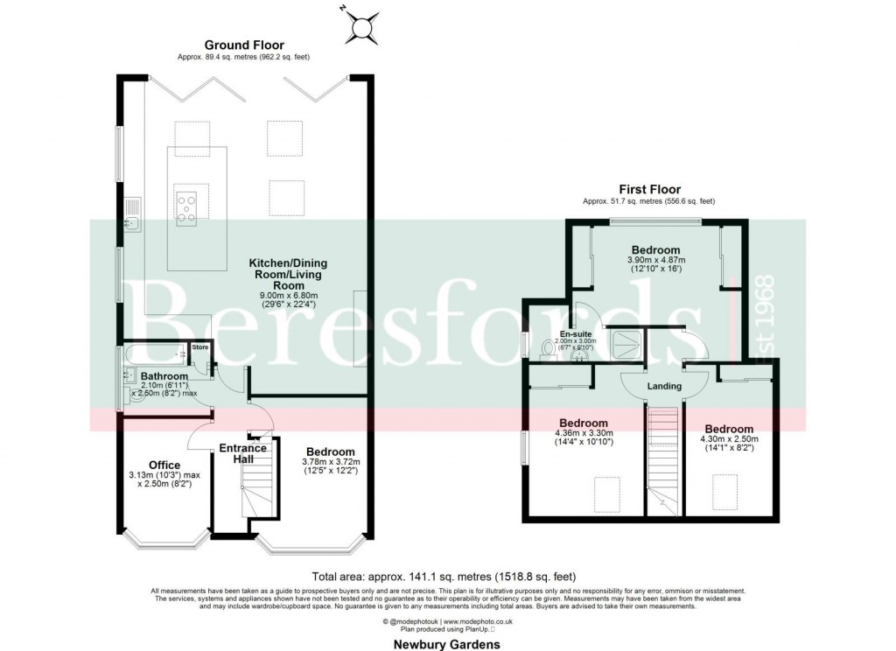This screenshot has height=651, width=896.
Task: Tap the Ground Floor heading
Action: point(244,45)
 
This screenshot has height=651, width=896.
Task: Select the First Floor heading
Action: point(649,189)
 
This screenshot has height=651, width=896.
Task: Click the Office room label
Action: point(164,465)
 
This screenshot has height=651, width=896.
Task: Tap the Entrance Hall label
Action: point(242,454)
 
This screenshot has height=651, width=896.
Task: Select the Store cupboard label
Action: point(199,347)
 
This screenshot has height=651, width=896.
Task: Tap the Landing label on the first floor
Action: point(664,385)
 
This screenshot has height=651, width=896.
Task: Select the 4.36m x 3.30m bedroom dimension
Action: point(584,437)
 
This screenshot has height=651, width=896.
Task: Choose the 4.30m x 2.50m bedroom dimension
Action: point(729,444)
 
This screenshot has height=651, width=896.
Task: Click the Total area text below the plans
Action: point(444,577)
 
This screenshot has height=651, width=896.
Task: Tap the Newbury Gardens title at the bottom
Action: point(446,644)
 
